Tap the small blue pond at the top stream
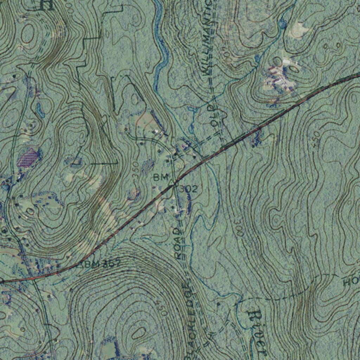(282, 24)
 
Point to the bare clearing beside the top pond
(299, 30)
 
